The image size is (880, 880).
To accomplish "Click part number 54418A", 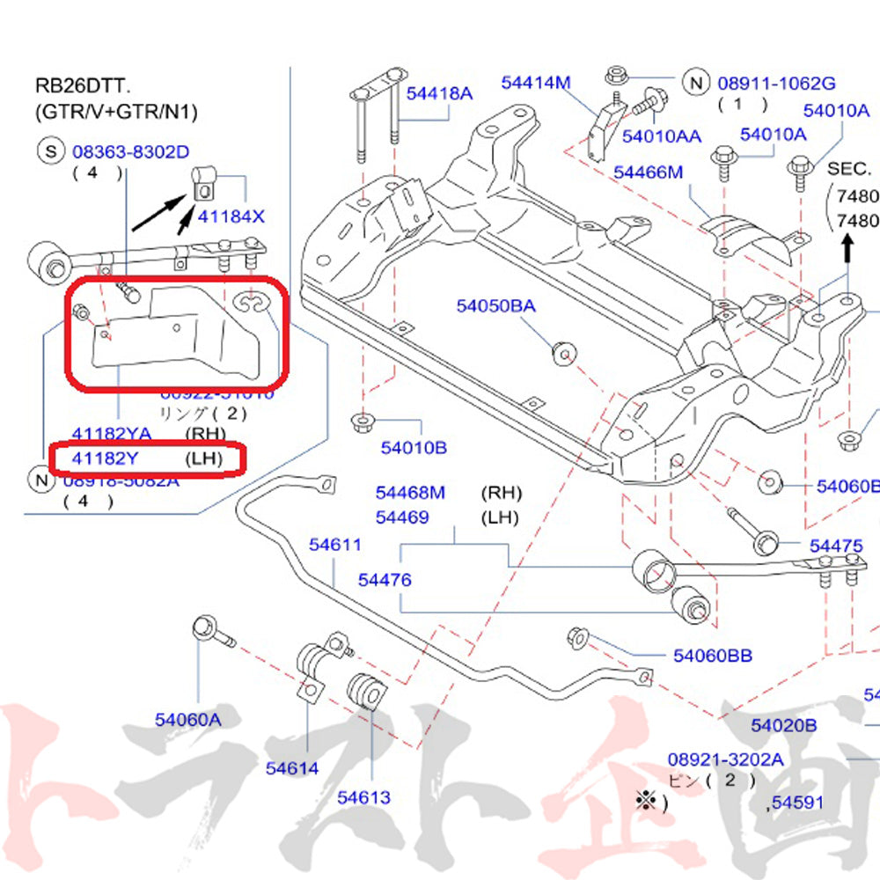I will (438, 92).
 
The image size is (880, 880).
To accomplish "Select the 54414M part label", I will (536, 83).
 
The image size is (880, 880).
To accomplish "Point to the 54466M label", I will (648, 172).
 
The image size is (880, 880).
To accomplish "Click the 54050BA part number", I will (495, 306).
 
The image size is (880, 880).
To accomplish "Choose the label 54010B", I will (414, 448).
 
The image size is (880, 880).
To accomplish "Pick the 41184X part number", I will (231, 216).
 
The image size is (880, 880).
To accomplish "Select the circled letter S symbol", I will (50, 151).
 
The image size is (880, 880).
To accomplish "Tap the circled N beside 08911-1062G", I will (696, 83).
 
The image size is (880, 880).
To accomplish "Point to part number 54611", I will (334, 545).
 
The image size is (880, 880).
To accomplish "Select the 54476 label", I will (385, 580).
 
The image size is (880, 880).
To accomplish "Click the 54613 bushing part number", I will (363, 797).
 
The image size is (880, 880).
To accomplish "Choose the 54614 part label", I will (291, 767).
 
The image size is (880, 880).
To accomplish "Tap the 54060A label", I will (188, 720).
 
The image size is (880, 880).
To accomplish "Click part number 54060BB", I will (713, 655).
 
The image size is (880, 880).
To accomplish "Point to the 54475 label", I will (836, 546).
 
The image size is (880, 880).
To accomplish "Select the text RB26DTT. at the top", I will (81, 85).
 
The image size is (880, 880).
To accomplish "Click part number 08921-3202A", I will (724, 759).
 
